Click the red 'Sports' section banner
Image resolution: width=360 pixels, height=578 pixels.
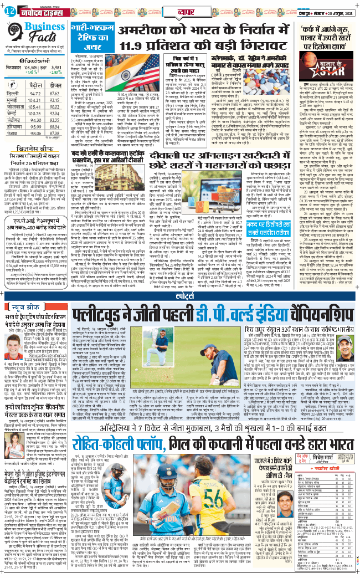click(x=181, y=296)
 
